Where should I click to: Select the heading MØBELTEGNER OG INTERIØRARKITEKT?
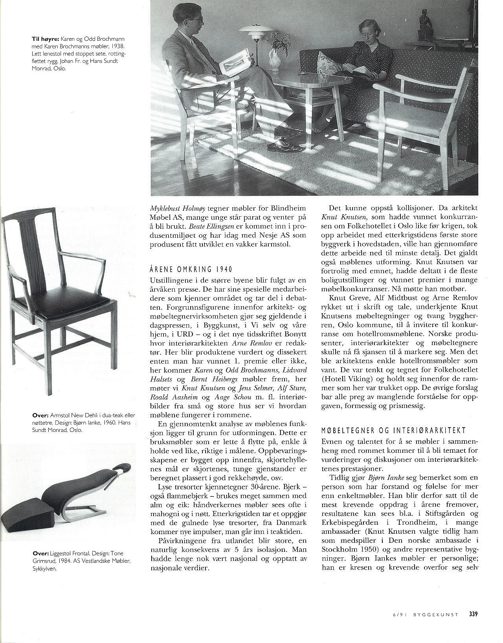[x=393, y=430]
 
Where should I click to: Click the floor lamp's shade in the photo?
[x=252, y=30]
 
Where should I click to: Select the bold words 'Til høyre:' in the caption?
[x=46, y=39]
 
